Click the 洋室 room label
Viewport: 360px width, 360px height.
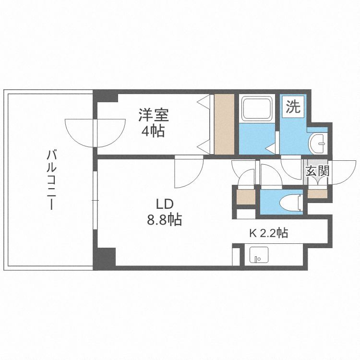154,115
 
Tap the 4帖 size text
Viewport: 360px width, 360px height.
154,131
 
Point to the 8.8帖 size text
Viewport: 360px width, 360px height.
164,220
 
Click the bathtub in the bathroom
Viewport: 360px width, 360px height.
256,109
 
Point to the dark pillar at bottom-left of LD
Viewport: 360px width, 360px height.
107,257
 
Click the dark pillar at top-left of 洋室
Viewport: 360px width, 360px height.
107,96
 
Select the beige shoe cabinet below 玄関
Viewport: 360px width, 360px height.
317,194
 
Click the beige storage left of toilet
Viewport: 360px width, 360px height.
246,197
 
